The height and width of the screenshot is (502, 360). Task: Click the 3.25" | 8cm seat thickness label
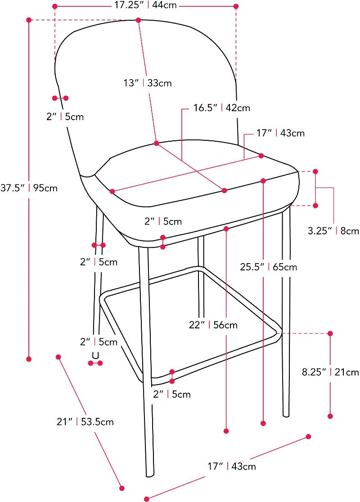click(x=333, y=231)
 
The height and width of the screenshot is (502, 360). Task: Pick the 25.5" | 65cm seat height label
click(x=268, y=267)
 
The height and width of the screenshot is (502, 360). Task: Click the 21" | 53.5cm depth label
click(x=85, y=422)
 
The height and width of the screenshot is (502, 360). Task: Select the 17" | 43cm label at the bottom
click(x=232, y=466)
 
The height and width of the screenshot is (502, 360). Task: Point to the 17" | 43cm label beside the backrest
click(x=280, y=133)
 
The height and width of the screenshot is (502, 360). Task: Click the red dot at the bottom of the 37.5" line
click(x=29, y=359)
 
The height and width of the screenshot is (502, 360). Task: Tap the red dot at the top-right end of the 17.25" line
click(x=236, y=6)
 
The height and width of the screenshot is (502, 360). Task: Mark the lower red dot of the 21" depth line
click(x=122, y=487)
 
